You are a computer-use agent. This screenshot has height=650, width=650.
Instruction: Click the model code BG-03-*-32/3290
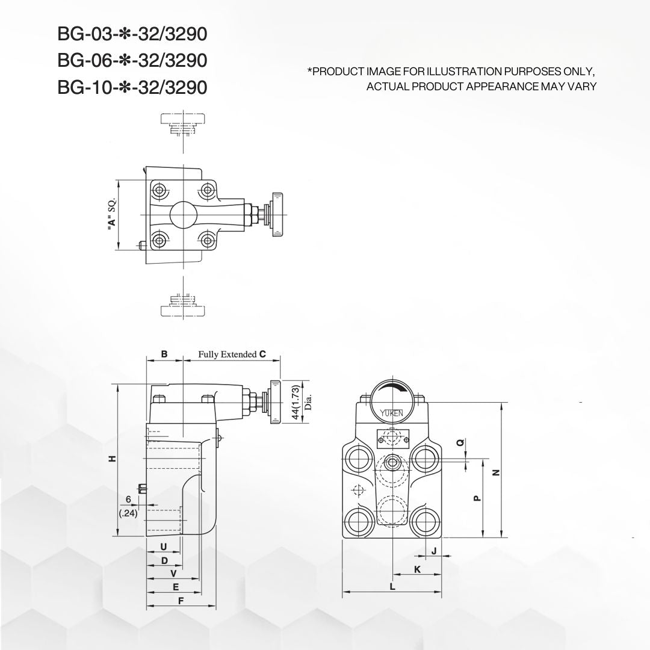click(132, 34)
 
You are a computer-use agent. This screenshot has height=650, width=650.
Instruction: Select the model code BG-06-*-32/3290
click(132, 61)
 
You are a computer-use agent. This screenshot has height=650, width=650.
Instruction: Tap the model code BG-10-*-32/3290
click(132, 87)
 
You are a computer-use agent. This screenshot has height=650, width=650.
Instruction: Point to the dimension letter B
click(164, 354)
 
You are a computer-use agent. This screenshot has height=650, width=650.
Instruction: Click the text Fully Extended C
click(232, 354)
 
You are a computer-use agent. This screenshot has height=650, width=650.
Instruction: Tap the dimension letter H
click(111, 459)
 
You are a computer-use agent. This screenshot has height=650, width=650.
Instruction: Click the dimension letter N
click(495, 472)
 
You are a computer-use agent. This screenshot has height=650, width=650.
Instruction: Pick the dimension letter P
click(476, 498)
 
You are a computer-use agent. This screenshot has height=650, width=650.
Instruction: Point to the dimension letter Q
click(460, 444)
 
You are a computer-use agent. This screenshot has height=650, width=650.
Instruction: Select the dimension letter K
click(417, 569)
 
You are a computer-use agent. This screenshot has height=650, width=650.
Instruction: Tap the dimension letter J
click(433, 551)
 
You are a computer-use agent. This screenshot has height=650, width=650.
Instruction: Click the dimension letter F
click(180, 601)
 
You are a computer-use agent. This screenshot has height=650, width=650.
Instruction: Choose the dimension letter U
click(163, 546)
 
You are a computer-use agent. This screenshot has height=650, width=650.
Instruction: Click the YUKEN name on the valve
click(391, 413)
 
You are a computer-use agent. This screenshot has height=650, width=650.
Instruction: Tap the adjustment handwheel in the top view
click(279, 211)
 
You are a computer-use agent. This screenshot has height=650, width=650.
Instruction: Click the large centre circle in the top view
click(183, 215)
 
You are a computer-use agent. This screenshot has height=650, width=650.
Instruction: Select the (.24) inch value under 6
click(128, 513)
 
